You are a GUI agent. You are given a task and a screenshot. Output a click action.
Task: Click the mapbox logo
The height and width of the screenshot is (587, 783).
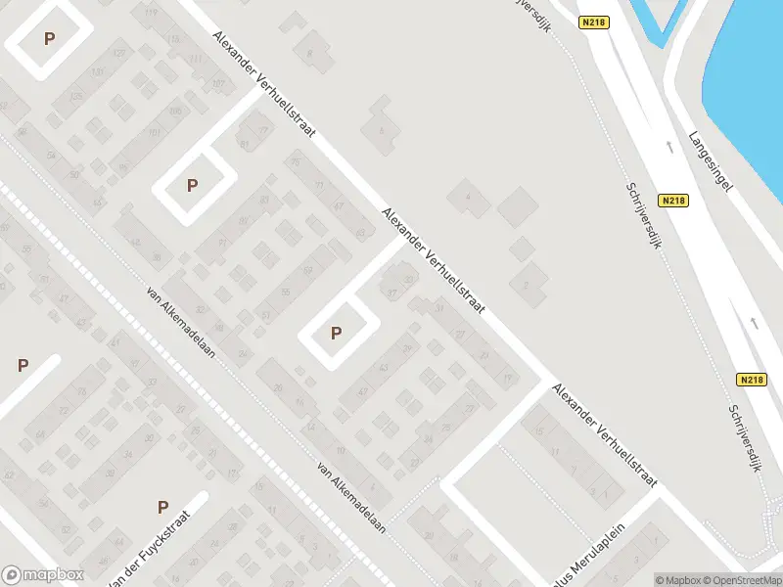click(43, 575)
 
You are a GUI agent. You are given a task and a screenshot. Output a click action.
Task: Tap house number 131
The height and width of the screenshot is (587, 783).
click(97, 73)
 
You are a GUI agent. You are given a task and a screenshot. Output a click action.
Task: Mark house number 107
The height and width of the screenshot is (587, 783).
click(217, 85)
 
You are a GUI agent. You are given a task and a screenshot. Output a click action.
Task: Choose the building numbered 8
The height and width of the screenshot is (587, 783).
click(310, 54)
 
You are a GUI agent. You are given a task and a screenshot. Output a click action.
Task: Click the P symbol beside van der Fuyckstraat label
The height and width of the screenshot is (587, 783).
click(163, 507)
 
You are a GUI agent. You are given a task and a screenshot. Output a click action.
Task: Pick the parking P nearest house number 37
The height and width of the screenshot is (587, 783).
click(337, 334)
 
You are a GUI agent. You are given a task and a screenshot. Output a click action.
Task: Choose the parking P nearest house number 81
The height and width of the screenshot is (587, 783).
click(193, 185)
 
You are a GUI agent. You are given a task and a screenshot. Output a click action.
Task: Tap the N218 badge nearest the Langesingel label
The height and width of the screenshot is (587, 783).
click(673, 202)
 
